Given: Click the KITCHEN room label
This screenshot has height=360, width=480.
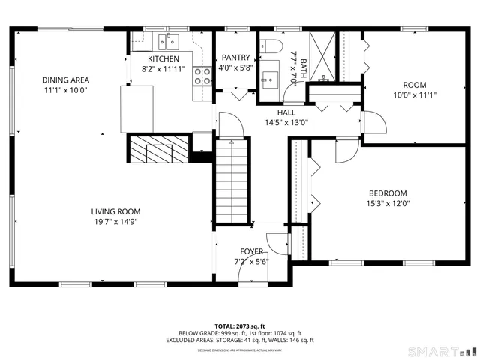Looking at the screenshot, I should point(163,58).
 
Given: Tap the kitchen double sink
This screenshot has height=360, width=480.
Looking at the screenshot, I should point(166,40).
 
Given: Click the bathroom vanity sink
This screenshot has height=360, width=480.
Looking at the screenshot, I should point(268,77).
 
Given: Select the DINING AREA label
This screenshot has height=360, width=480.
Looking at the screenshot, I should point(65,79).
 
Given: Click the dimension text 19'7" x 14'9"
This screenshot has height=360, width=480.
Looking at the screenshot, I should point(115,221).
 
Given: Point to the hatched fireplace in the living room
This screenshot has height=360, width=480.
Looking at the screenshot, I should point(155,150).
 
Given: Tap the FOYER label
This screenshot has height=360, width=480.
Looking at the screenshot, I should point(251,251).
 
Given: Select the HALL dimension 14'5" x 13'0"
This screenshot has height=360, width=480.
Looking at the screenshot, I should point(286,122).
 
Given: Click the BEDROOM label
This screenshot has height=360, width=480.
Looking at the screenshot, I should point(388,193).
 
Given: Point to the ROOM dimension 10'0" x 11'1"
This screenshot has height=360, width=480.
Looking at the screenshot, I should point(415,95).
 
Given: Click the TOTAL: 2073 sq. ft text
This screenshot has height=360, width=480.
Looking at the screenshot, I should point(240,326).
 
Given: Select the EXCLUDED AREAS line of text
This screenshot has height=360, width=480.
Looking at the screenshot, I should point(240,340).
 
